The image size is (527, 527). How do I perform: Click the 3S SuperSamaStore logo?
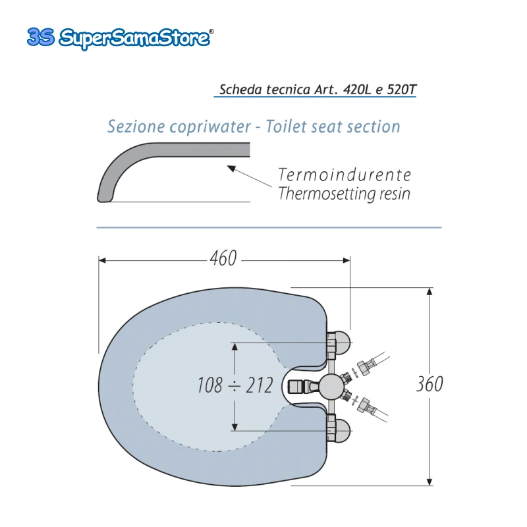click(x=120, y=38)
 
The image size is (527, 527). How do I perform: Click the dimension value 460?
click(x=223, y=258)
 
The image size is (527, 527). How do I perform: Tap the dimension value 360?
click(x=430, y=384)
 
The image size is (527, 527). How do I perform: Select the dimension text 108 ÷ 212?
click(x=235, y=385)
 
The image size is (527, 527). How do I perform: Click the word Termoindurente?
click(x=345, y=175)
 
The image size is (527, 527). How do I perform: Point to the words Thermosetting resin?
click(x=345, y=194)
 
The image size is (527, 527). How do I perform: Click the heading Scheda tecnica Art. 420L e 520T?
click(x=318, y=90)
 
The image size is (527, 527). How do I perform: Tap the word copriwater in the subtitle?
click(x=210, y=126)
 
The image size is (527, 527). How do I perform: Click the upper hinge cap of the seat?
click(x=339, y=343)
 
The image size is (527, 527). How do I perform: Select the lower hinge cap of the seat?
click(x=339, y=431)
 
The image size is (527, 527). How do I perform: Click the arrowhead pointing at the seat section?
click(x=231, y=168)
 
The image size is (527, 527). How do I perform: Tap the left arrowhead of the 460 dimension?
click(x=102, y=260)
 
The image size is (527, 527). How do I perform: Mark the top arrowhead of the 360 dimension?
click(x=430, y=291)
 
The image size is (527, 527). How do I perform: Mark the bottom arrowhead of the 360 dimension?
click(x=430, y=482)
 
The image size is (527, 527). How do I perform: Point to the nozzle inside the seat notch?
click(x=300, y=387)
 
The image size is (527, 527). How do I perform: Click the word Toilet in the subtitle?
click(x=287, y=126)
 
